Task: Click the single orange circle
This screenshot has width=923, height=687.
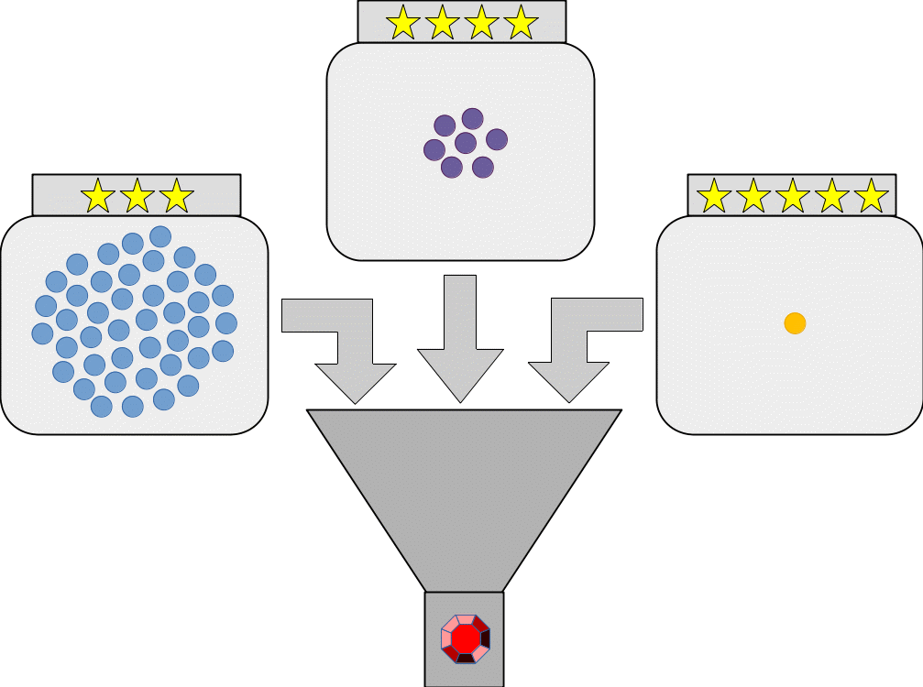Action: click(795, 322)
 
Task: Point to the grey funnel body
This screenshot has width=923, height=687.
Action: click(464, 485)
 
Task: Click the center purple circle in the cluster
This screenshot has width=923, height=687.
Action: click(466, 143)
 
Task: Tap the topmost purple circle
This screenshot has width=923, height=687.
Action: click(472, 118)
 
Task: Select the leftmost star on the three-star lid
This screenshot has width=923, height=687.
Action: click(98, 196)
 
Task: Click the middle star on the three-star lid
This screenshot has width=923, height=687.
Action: click(137, 196)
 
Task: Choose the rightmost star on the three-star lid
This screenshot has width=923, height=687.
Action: click(176, 196)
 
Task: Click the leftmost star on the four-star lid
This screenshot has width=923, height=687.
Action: click(403, 22)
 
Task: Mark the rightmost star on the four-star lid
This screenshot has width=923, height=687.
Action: click(521, 22)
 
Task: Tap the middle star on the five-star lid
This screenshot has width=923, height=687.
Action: click(793, 196)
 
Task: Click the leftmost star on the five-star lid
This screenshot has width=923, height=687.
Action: click(714, 196)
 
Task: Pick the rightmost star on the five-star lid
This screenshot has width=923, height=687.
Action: click(871, 196)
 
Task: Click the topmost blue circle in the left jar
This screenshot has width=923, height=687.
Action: click(160, 236)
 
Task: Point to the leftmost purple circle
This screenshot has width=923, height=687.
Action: click(434, 148)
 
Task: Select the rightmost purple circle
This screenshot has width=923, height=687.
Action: click(497, 139)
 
